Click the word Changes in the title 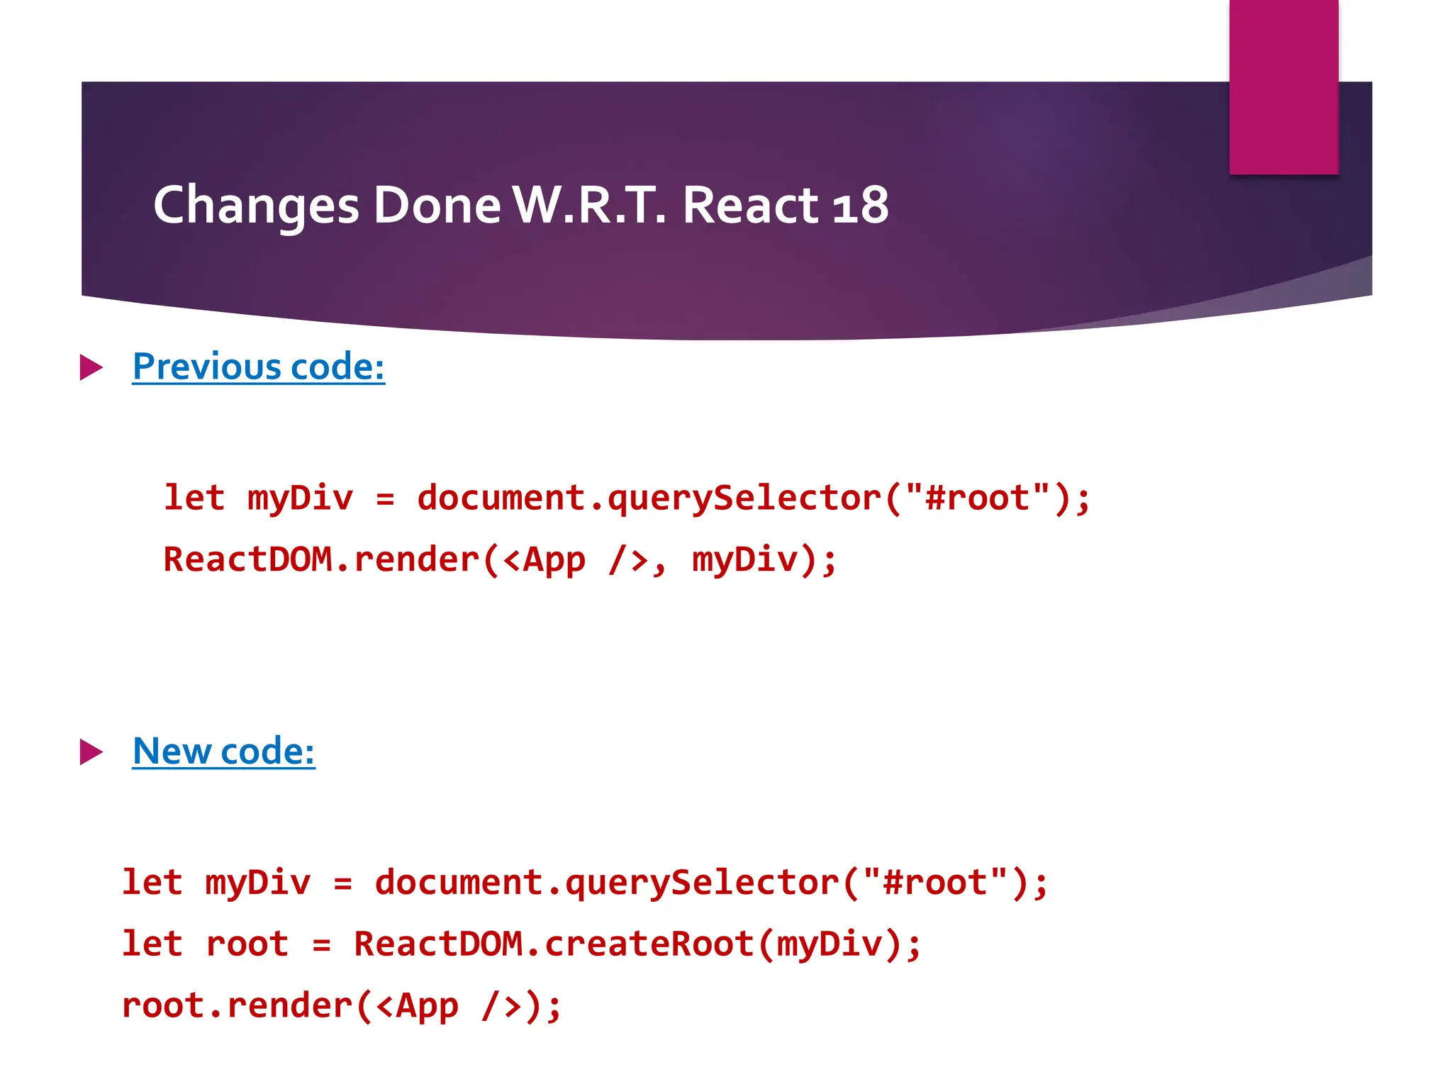pos(256,206)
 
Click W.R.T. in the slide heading pos(589,206)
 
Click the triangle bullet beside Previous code pos(91,367)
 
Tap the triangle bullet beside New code pos(91,752)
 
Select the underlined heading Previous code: pos(259,367)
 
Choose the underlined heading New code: pos(224,752)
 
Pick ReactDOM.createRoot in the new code pos(554,944)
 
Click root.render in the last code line pos(237,1006)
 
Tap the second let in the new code pos(152,944)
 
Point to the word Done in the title pos(437,206)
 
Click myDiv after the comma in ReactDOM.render pos(744,559)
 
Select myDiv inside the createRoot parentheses pos(830,944)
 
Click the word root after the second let pos(247,944)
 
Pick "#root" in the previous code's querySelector pos(977,497)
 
